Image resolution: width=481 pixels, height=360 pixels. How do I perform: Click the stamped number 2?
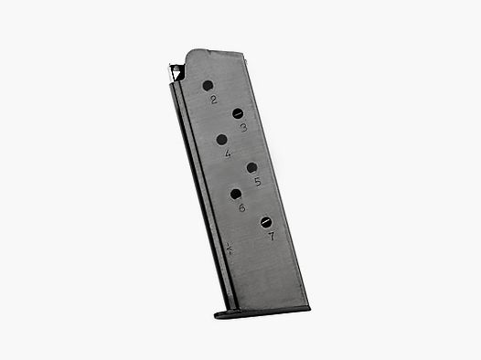[213, 101]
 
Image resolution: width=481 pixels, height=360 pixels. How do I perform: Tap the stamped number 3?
[243, 128]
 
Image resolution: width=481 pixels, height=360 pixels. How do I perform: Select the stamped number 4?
[228, 154]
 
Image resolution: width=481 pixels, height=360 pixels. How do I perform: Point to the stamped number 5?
[258, 181]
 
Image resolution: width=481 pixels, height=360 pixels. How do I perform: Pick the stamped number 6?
[241, 207]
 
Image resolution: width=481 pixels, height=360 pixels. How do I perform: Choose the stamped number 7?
[272, 236]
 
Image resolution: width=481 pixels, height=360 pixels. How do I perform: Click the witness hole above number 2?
[207, 87]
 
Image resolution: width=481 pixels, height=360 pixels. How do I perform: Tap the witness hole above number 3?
[237, 113]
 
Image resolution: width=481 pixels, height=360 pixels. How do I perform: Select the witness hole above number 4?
[222, 139]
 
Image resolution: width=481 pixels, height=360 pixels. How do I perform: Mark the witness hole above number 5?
[251, 166]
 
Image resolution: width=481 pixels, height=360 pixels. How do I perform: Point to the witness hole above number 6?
[236, 193]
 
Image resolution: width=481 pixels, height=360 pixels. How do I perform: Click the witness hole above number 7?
[265, 221]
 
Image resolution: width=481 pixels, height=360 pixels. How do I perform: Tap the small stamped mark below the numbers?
[230, 248]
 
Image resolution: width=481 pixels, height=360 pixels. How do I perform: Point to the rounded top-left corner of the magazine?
[190, 54]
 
